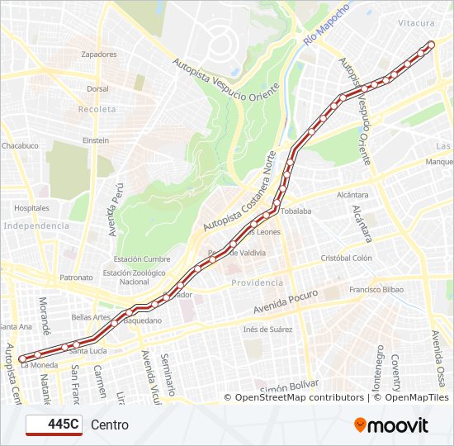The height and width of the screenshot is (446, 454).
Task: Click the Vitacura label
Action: pyautogui.click(x=416, y=24)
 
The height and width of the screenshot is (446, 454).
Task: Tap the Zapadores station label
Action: pyautogui.click(x=100, y=54)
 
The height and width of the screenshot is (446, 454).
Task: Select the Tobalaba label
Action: pyautogui.click(x=296, y=211)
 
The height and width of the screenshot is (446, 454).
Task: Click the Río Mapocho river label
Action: pyautogui.click(x=326, y=23)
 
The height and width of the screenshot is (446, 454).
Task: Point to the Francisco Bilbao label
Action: pyautogui.click(x=376, y=290)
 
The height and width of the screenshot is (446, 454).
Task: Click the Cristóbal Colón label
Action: pyautogui.click(x=347, y=258)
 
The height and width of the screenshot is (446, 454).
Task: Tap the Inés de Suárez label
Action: pyautogui.click(x=267, y=330)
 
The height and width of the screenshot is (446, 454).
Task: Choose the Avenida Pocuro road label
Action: pyautogui.click(x=286, y=303)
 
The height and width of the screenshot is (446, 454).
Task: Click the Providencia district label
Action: pyautogui.click(x=257, y=282)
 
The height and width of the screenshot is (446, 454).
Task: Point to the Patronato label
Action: pyautogui.click(x=76, y=278)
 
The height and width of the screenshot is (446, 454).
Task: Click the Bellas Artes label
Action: pyautogui.click(x=91, y=316)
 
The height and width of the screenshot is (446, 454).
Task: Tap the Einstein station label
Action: pyautogui.click(x=95, y=140)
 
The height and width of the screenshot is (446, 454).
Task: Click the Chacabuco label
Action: pyautogui.click(x=20, y=145)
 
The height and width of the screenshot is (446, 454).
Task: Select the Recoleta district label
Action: pyautogui.click(x=97, y=109)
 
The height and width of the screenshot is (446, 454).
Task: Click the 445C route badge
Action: pyautogui.click(x=54, y=425)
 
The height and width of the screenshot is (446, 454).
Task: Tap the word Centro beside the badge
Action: pyautogui.click(x=110, y=425)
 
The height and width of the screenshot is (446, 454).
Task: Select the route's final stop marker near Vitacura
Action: pyautogui.click(x=431, y=45)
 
